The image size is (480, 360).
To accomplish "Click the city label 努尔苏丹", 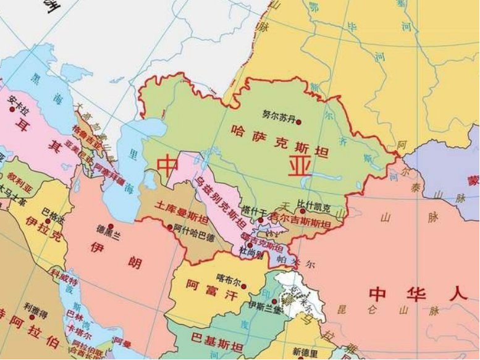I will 279,115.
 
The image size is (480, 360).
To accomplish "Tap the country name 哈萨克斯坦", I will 266,130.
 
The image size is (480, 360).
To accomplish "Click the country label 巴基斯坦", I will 213,338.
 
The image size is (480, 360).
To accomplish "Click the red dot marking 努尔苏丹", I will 299,122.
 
